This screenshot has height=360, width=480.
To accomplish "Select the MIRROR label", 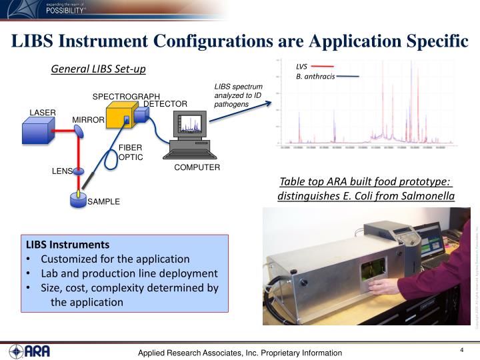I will pos(88,120).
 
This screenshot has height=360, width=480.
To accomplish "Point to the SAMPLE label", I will pos(104,201).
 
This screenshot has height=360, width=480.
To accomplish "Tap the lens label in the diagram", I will pos(62,171).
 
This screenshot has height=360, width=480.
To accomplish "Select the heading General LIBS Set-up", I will pos(98,69).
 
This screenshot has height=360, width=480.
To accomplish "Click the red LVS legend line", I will pos(322,67).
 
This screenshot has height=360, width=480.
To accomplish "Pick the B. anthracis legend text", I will pos(315,77).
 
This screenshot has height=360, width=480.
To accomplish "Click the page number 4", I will pos(461,351).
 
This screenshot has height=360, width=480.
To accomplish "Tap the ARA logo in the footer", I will pos(29,351).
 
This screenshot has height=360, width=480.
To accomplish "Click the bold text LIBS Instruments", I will pos(67,245).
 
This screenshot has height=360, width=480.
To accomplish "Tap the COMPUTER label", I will pos(197,167).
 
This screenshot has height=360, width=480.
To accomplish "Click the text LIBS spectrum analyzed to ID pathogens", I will pos(238,95).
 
